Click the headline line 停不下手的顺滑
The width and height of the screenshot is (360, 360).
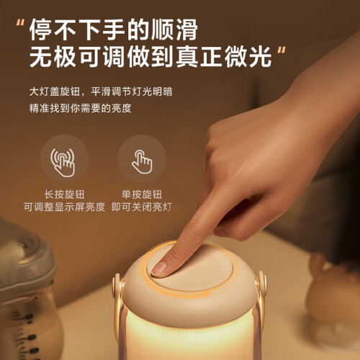click(113, 30)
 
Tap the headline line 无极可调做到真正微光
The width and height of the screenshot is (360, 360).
click(150, 57)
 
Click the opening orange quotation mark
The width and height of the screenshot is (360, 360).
click(20, 24)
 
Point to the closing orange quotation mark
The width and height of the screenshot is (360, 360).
click(282, 51)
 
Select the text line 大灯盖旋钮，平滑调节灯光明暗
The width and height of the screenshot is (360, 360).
click(101, 91)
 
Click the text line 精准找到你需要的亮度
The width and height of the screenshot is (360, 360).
click(81, 108)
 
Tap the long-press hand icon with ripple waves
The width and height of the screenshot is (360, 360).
click(63, 163)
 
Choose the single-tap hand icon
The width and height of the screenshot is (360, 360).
click(142, 162)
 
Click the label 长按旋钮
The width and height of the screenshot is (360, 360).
click(64, 194)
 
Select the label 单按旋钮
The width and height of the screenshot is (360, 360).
click(142, 194)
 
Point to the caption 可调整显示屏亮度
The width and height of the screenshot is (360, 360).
click(64, 207)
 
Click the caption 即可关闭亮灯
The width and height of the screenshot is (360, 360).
click(142, 207)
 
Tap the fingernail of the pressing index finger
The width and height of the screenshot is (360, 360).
click(158, 268)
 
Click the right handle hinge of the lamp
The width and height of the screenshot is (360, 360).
click(261, 283)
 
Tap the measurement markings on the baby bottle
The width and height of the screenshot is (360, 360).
click(27, 336)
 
